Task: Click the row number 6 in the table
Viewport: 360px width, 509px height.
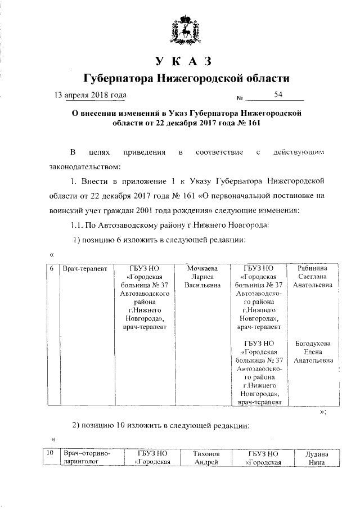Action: coord(51,269)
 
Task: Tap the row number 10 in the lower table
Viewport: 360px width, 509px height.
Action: coord(50,453)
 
